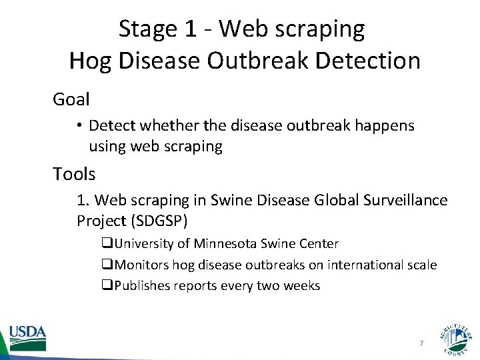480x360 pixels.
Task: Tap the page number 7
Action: (421, 343)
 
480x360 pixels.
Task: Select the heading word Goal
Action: (71, 99)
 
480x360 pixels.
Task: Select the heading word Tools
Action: (75, 174)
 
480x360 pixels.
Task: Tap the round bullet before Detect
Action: (80, 125)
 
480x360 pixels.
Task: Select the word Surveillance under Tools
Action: (409, 200)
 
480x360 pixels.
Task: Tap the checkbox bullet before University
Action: (107, 244)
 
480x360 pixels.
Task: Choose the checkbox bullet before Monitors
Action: (107, 265)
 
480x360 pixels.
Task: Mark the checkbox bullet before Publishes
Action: (107, 286)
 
